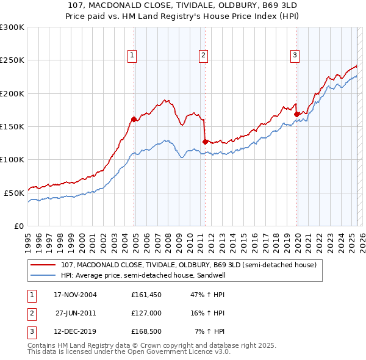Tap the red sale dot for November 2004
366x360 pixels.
[x=134, y=119]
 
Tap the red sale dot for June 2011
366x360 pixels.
[x=205, y=142]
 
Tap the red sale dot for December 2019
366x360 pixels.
[x=296, y=114]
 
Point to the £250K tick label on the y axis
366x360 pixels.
[x=12, y=60]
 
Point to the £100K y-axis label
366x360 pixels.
[x=12, y=159]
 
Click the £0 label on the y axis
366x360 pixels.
[x=18, y=225]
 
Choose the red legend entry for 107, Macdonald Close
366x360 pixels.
[x=188, y=265]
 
